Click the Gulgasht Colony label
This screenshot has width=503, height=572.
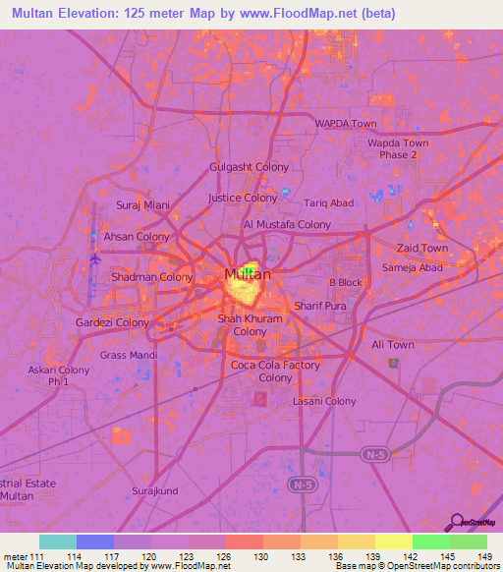tap(250, 167)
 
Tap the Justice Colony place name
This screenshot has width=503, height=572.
tap(244, 198)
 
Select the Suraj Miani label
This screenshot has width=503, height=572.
tap(143, 205)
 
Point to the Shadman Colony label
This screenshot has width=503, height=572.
tap(152, 277)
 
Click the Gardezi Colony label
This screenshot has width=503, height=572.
tap(113, 322)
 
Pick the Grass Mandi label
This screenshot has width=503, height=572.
tap(129, 354)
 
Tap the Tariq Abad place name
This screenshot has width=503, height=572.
tap(328, 203)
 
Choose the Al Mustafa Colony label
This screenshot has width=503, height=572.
tap(287, 225)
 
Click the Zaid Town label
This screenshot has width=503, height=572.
tap(421, 249)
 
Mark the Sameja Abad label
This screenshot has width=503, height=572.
tap(413, 267)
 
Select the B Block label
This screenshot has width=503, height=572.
tap(346, 282)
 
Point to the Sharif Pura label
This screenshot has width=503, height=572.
tap(321, 307)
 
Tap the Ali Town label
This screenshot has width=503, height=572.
tap(393, 345)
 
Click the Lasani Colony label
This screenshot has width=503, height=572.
tap(325, 401)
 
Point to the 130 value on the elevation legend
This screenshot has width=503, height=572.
tap(263, 555)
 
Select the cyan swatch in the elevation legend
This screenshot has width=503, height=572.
tap(58, 542)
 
